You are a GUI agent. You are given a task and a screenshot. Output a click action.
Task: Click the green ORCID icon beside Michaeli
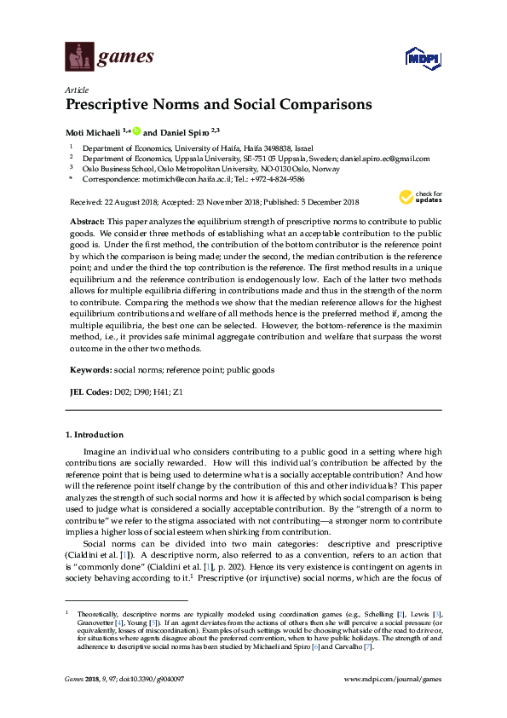click(135, 132)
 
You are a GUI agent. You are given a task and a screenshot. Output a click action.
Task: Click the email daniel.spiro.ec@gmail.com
click(383, 158)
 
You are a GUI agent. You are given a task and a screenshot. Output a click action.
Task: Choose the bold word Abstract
click(88, 220)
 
